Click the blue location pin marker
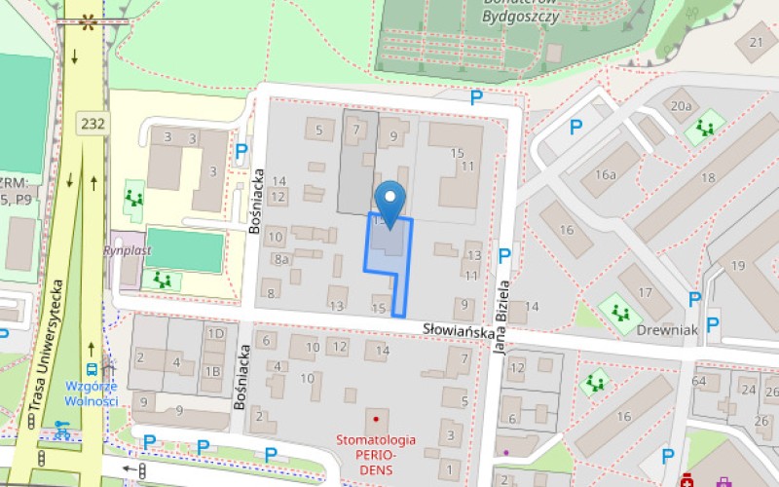coord(390,202)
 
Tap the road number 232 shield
coord(93,124)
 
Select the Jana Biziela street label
coord(504,319)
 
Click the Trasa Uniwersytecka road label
coord(45,345)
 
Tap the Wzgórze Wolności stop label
coord(92,393)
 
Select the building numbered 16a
coord(607,174)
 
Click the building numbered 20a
coord(681,106)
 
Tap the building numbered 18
coord(707,178)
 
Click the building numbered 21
coord(757,42)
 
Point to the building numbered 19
coord(738,265)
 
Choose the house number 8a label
coord(281,259)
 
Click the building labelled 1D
coord(214,334)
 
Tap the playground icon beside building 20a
coord(704,128)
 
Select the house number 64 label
coord(698,381)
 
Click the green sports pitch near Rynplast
coord(184,250)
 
